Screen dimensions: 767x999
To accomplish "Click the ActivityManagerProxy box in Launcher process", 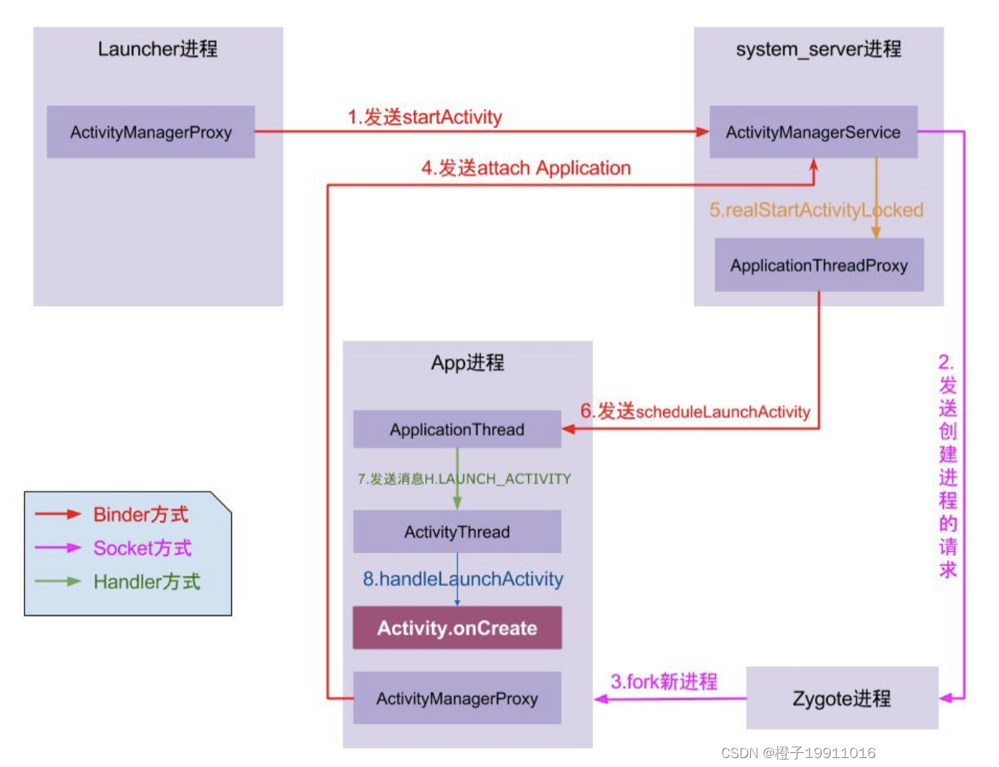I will [150, 132].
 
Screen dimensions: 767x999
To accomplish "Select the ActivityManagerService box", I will [813, 132].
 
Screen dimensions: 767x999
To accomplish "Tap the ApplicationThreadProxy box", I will [819, 265].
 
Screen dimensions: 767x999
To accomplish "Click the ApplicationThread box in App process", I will [457, 429].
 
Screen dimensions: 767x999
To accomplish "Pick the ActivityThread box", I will [457, 531].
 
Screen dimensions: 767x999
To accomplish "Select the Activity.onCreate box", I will [457, 628].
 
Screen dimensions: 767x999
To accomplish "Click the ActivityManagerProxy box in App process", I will [457, 698].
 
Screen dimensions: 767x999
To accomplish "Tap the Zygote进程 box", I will [841, 698].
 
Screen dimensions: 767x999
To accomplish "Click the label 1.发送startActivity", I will [425, 117].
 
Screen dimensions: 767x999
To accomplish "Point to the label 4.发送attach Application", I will [526, 168].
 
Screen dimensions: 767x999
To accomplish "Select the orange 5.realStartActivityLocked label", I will [816, 210].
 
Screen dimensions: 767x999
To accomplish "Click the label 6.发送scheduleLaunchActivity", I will [695, 411].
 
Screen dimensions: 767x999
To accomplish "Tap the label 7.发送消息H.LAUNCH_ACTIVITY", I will [464, 479].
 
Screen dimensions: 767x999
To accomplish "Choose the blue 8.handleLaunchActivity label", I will [463, 578].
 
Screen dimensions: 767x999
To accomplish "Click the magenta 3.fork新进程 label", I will [664, 681].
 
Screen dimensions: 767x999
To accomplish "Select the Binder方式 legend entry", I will [140, 514].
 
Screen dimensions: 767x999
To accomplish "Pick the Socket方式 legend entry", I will [142, 548].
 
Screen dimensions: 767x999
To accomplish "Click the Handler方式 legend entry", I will [146, 581].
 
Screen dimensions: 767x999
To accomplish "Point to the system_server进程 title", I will [818, 49].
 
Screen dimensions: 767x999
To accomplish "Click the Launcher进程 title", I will [158, 49].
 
